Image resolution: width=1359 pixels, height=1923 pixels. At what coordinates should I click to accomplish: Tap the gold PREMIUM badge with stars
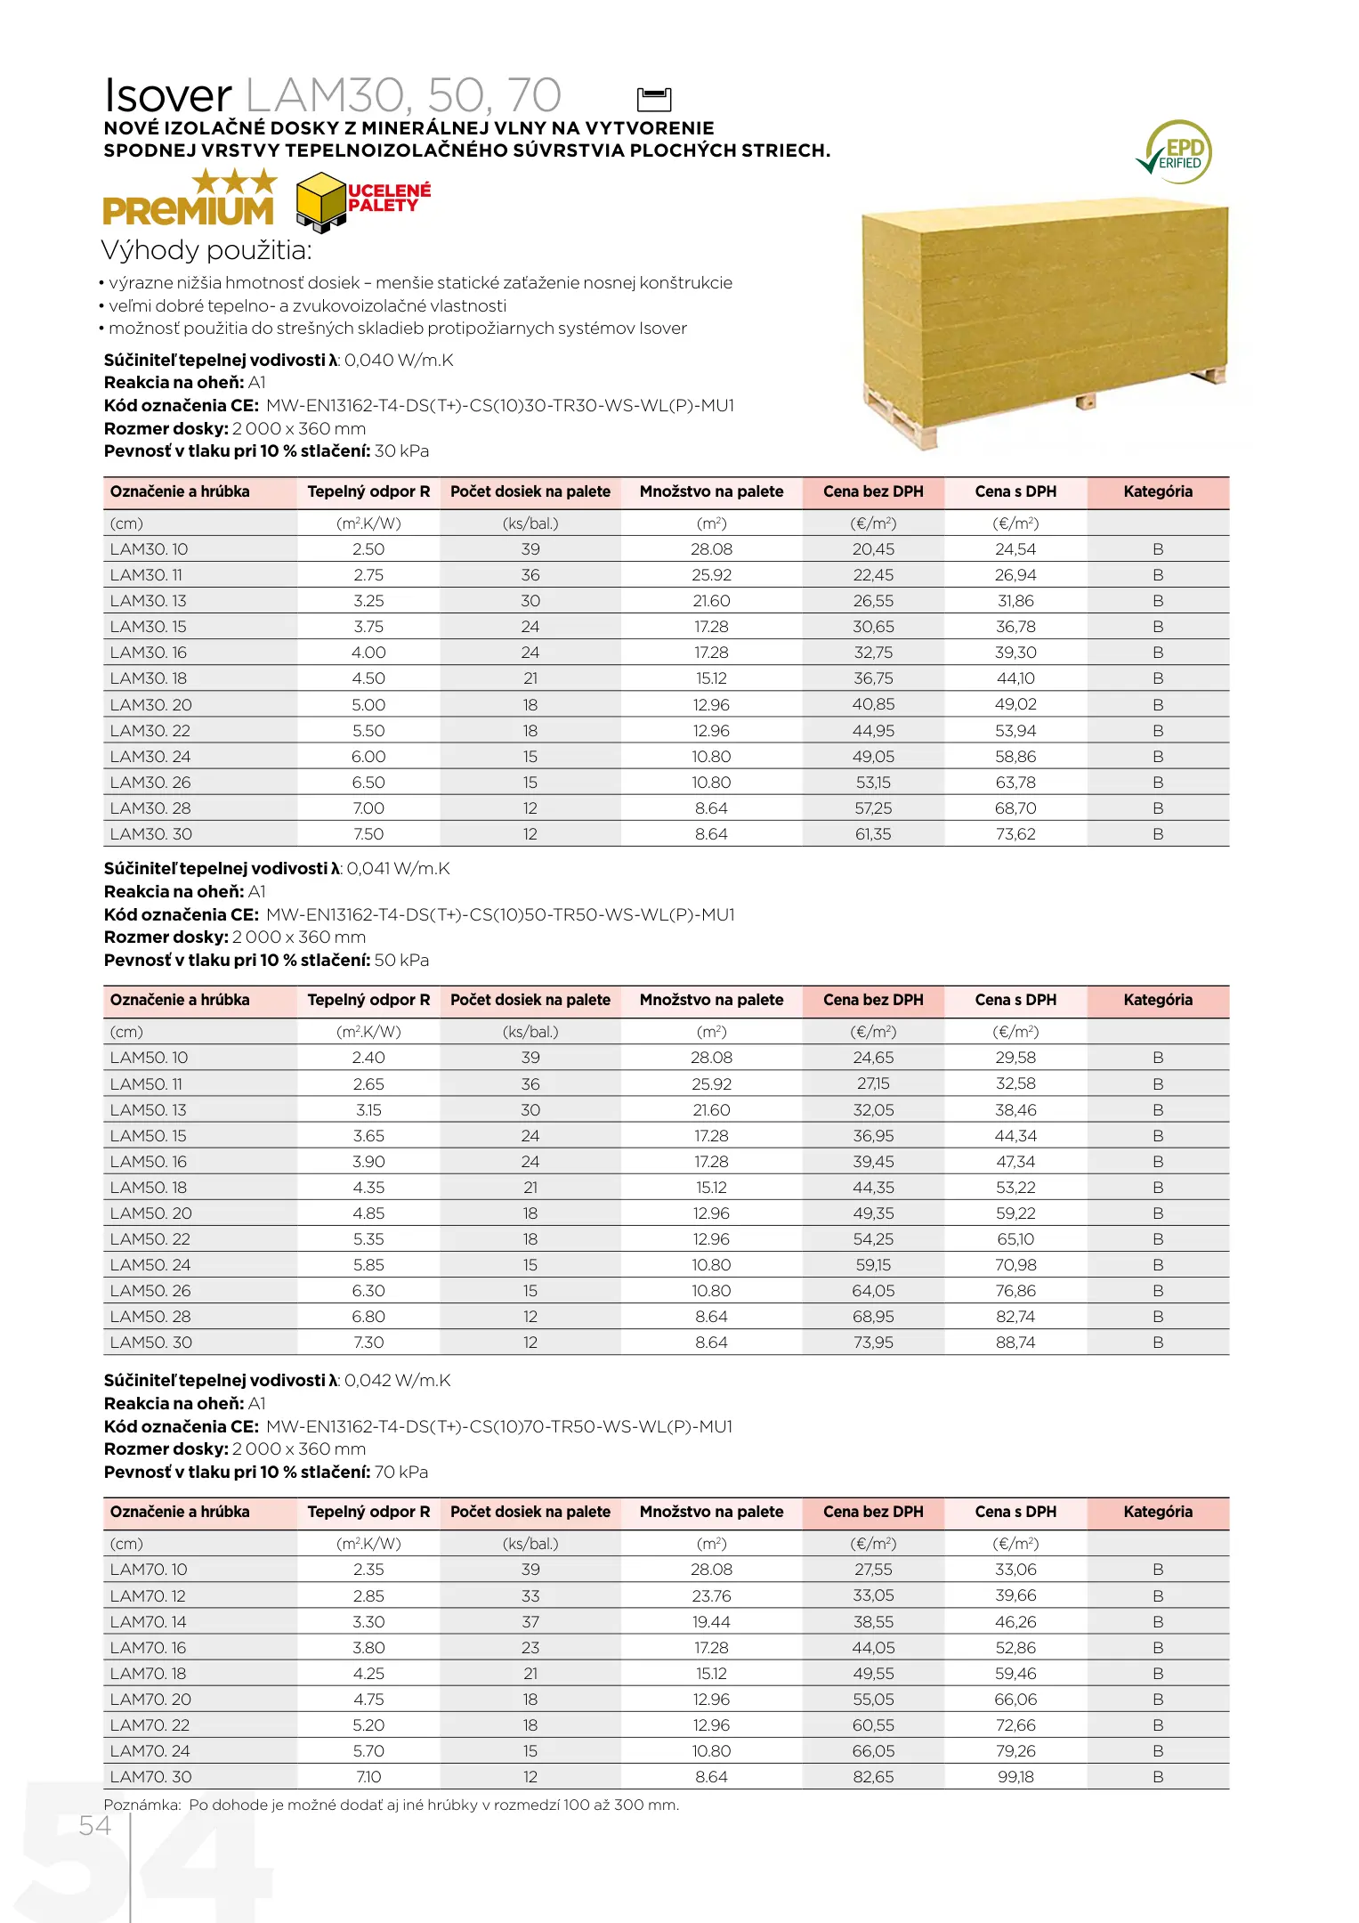click(190, 199)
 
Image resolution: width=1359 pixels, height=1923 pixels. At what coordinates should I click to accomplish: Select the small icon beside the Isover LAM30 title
click(654, 98)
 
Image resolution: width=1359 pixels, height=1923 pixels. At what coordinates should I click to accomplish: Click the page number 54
click(94, 1825)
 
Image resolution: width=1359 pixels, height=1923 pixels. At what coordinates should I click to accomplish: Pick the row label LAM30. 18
click(149, 678)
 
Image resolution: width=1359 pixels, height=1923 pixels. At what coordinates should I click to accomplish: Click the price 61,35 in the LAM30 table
click(873, 834)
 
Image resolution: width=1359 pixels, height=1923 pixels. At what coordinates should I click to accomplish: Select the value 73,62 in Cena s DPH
click(1015, 834)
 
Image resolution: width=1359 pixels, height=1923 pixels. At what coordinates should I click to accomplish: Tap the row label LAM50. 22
click(150, 1239)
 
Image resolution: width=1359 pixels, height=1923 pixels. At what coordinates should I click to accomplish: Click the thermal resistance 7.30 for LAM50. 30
click(368, 1343)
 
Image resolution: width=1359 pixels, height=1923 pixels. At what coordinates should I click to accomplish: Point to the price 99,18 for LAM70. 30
click(1015, 1777)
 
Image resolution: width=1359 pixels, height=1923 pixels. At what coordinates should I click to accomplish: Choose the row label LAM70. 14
click(149, 1622)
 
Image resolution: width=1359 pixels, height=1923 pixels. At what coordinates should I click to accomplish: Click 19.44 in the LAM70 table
click(711, 1622)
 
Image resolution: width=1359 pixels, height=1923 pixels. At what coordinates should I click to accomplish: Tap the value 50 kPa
click(401, 961)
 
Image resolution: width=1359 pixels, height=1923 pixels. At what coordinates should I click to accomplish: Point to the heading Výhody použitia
click(206, 250)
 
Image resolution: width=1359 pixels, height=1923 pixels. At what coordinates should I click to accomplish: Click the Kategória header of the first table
click(1158, 491)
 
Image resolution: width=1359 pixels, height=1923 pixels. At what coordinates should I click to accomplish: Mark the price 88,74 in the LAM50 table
click(1015, 1343)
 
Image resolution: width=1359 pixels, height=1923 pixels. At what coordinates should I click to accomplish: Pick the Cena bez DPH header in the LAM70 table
click(873, 1512)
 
